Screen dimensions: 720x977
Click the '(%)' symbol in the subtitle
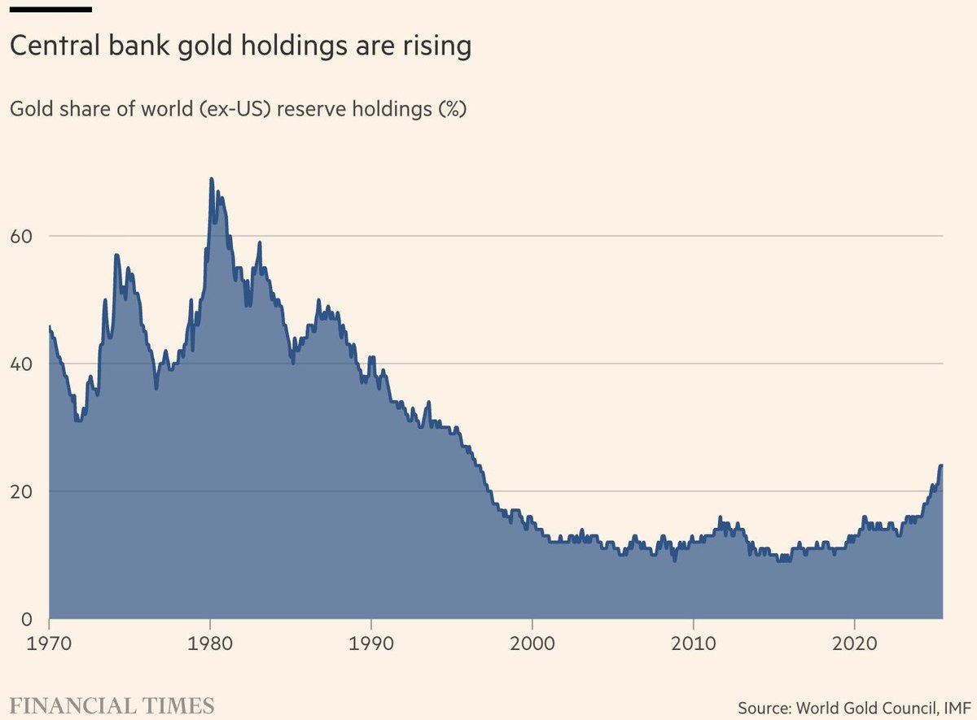(x=452, y=110)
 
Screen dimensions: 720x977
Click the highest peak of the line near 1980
(x=212, y=179)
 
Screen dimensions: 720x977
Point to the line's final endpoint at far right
(x=942, y=465)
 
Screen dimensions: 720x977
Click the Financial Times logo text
(x=112, y=705)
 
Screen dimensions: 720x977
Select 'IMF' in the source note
(x=953, y=705)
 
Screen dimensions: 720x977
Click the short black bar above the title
(x=50, y=10)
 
